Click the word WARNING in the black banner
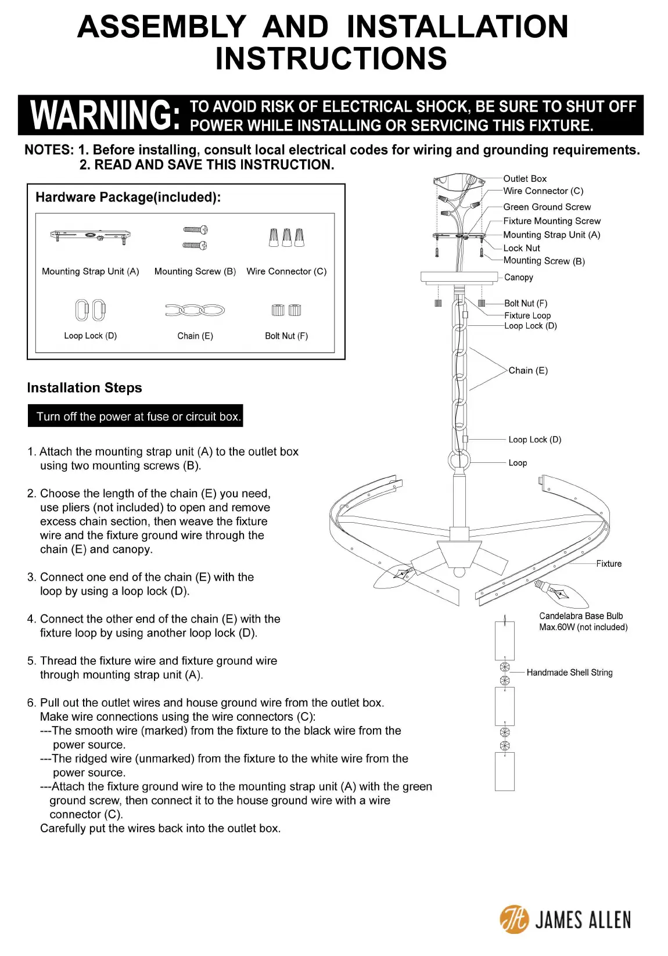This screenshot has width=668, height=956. (105, 115)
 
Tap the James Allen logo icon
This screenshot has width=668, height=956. (514, 919)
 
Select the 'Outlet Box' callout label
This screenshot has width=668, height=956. (525, 179)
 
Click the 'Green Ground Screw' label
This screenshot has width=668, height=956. (547, 207)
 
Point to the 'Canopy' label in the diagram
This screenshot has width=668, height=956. (518, 278)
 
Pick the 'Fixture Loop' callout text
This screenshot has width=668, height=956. (527, 315)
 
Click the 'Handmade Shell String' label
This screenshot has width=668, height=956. (569, 673)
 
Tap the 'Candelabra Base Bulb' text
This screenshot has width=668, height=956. (580, 616)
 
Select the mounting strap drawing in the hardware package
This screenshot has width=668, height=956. (90, 236)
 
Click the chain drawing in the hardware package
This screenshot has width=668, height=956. (195, 310)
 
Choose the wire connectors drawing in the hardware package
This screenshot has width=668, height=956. (286, 237)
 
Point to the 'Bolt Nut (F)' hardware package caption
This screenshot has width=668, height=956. (286, 336)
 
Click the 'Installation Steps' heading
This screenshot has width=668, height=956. (84, 388)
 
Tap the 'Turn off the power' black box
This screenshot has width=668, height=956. (135, 416)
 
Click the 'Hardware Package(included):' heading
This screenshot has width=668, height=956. (128, 197)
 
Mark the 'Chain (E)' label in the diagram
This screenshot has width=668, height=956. (527, 371)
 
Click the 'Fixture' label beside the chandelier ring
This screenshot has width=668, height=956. (608, 563)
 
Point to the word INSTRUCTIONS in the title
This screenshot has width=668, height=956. (331, 59)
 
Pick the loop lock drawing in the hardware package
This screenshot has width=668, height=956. (90, 310)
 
